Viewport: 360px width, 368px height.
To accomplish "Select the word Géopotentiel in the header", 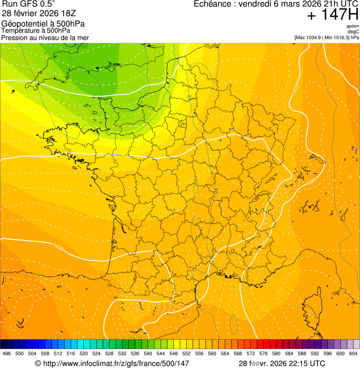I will click(23, 23).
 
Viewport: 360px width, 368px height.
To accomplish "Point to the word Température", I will click(20, 30).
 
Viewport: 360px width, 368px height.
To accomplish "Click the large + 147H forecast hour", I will click(332, 15).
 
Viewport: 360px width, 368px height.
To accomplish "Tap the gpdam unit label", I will click(353, 26).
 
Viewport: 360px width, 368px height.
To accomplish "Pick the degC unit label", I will click(354, 31).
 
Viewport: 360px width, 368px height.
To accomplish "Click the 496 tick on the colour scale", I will click(7, 354).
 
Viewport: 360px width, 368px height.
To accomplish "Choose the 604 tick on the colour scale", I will click(353, 354).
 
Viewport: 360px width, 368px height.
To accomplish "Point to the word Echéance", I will click(213, 4).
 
